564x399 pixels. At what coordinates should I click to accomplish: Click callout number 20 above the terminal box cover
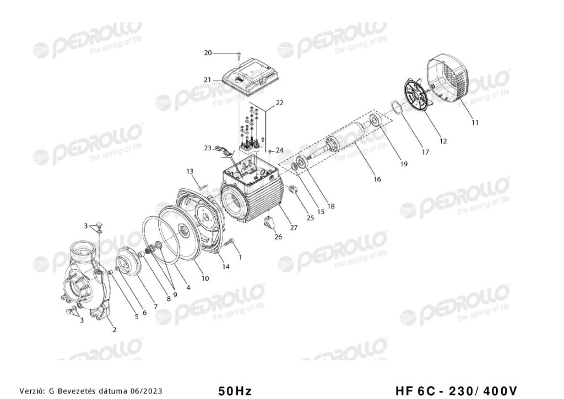208,53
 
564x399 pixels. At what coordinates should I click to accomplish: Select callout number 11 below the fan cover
475,123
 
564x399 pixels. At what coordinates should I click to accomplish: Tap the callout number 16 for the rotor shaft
377,179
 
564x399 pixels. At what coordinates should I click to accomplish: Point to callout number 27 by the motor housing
294,227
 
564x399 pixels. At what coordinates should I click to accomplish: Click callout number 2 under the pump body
115,329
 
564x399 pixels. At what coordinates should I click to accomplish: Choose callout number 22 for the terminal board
279,103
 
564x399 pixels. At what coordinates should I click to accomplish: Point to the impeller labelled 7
129,261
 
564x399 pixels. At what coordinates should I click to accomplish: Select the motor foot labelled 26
269,223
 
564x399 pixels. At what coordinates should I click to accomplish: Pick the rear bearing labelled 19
376,120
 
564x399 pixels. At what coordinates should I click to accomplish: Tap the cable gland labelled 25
293,189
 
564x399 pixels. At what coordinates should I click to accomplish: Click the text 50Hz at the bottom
235,390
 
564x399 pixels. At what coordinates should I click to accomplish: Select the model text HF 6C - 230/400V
456,390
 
